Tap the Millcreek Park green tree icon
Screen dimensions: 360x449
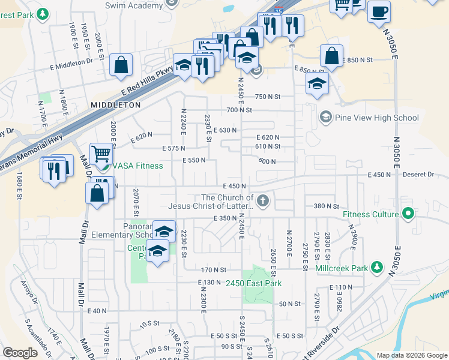click(x=377, y=267)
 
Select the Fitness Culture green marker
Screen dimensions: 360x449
click(x=409, y=214)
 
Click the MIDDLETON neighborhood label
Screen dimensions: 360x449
click(x=116, y=104)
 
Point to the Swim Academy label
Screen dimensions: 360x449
click(x=133, y=5)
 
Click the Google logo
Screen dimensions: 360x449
click(x=20, y=353)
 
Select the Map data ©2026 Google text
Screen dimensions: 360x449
click(x=412, y=355)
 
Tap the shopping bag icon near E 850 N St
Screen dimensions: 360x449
click(x=331, y=56)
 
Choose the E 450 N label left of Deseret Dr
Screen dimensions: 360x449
click(x=379, y=175)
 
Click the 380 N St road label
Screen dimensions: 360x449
click(x=327, y=206)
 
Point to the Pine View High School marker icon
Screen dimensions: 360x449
click(x=326, y=117)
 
